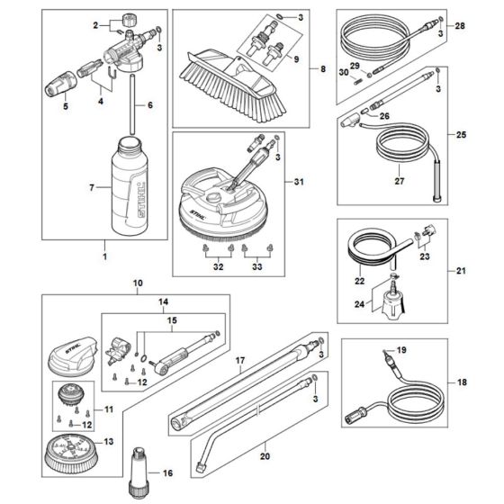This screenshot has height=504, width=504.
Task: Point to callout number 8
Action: point(314,68)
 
